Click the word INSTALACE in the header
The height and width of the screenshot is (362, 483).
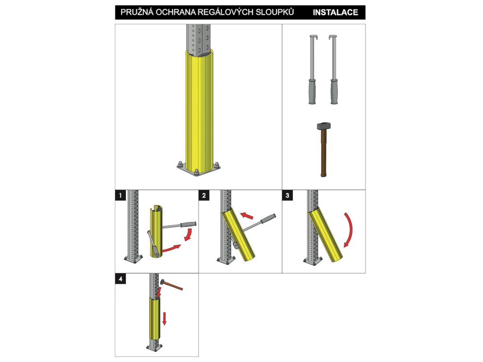pyautogui.click(x=335, y=12)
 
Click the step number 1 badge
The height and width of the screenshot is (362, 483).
pyautogui.click(x=120, y=195)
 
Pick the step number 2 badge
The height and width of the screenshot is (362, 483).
pyautogui.click(x=204, y=195)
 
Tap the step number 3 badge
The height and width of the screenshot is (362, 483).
pyautogui.click(x=287, y=195)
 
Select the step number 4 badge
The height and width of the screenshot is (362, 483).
pyautogui.click(x=120, y=279)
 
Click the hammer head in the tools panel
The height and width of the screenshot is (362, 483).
pyautogui.click(x=324, y=126)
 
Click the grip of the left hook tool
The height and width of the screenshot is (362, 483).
pyautogui.click(x=312, y=91)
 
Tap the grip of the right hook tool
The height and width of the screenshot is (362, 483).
pyautogui.click(x=334, y=91)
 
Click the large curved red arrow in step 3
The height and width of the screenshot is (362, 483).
pyautogui.click(x=350, y=229)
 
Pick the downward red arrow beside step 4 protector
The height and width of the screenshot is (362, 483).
pyautogui.click(x=164, y=318)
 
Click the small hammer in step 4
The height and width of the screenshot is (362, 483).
pyautogui.click(x=171, y=285)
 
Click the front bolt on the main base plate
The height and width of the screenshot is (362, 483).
pyautogui.click(x=196, y=172)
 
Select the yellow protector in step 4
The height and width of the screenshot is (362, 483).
pyautogui.click(x=155, y=319)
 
